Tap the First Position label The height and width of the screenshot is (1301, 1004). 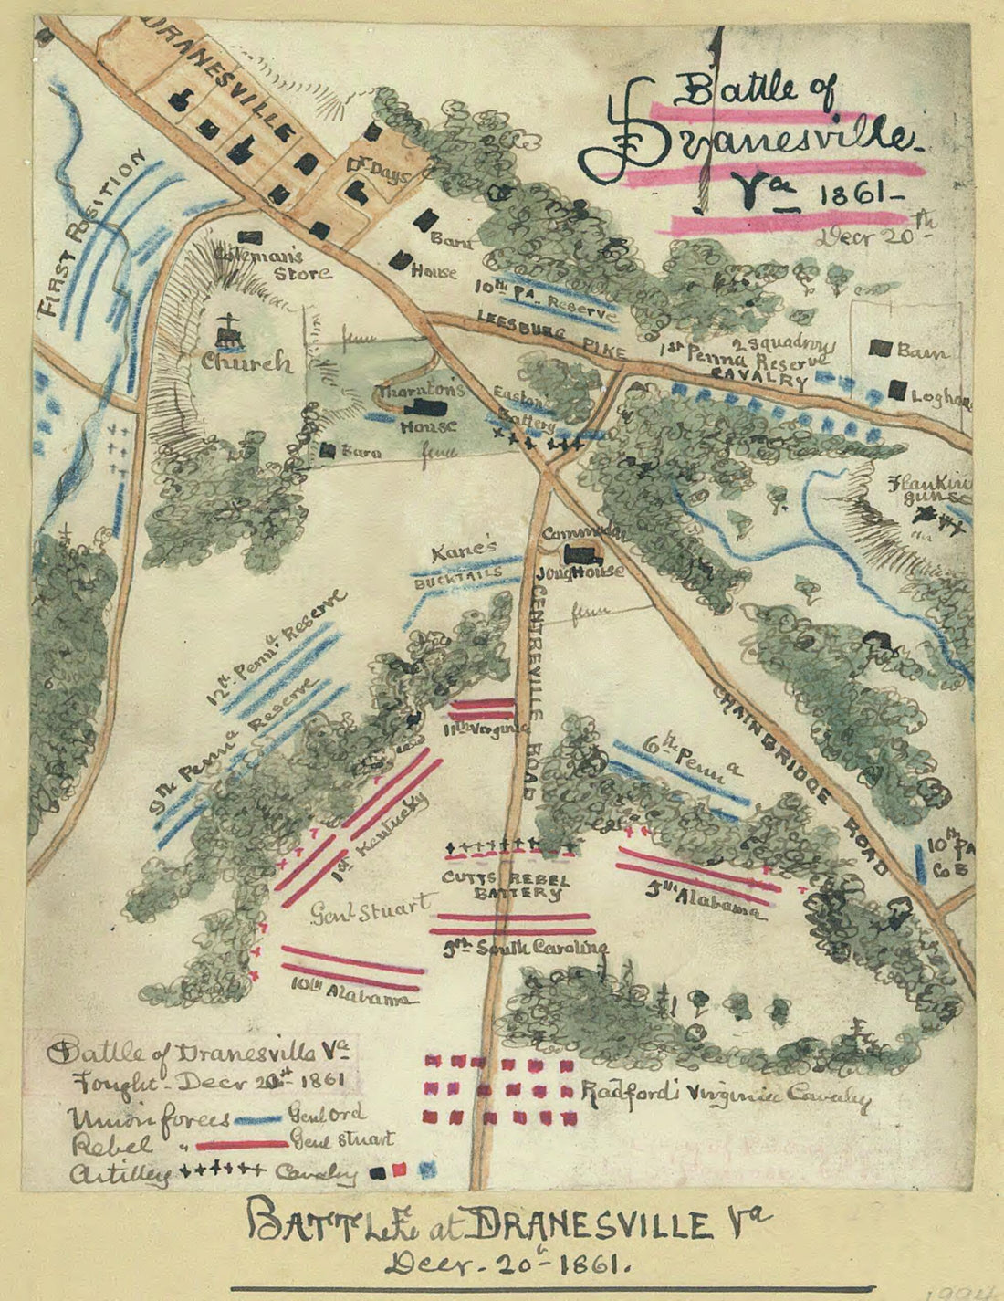click(x=91, y=234)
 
